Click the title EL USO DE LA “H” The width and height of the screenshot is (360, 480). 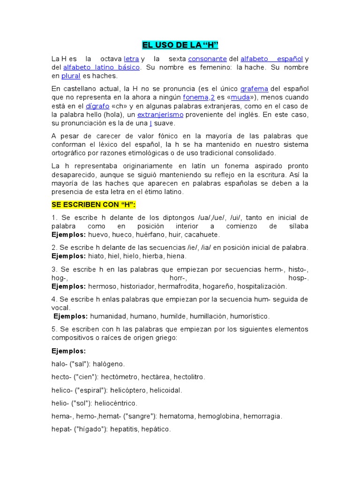coord(180,45)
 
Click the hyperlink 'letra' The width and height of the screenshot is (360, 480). coord(131,59)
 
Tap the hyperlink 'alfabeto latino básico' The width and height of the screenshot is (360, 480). coord(101,67)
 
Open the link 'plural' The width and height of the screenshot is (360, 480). coord(71,76)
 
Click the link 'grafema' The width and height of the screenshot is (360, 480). coord(254,89)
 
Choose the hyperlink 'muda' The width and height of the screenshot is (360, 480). coord(240,97)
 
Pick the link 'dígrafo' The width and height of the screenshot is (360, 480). coord(97,106)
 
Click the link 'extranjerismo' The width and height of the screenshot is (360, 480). coord(160,114)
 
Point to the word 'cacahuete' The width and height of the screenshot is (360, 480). coord(202,234)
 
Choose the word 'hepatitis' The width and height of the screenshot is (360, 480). coord(125,429)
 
